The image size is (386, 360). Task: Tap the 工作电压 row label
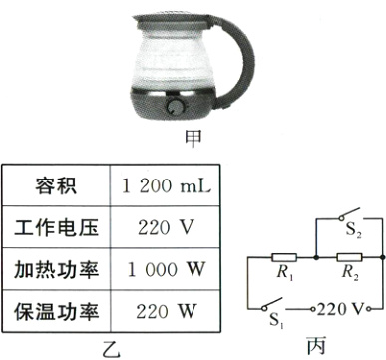[56, 226]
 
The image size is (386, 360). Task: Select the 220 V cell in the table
[165, 226]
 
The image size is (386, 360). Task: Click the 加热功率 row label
[56, 269]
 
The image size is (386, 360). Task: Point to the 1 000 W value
[165, 269]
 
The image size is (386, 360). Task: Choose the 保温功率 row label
[56, 311]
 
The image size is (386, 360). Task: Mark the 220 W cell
[165, 311]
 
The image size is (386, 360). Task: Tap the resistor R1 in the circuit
[283, 257]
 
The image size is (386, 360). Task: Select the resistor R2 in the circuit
[348, 257]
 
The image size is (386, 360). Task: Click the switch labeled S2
[348, 220]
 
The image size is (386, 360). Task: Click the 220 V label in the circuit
[347, 306]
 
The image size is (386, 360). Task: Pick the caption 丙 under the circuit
[315, 346]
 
